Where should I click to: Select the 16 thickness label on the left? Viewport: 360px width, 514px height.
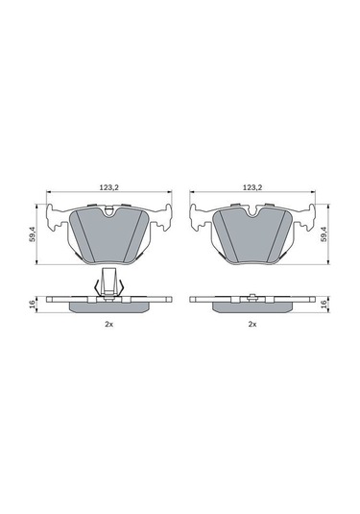point(33,304)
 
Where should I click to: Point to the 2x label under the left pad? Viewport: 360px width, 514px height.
point(108,326)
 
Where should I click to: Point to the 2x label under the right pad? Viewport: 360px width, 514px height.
point(252,326)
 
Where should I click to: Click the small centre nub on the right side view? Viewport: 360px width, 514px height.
point(252,294)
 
